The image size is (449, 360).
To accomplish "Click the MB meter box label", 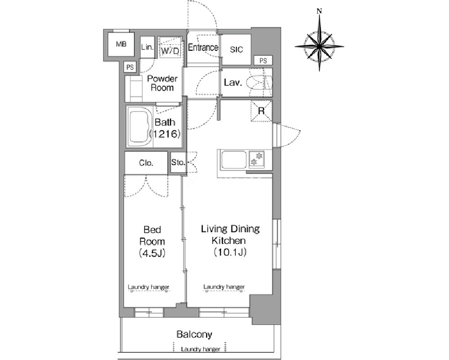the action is pyautogui.click(x=121, y=44).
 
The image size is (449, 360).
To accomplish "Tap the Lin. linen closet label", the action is pyautogui.click(x=147, y=47).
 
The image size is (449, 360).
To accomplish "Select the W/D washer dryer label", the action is pyautogui.click(x=170, y=51).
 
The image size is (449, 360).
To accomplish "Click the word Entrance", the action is pyautogui.click(x=203, y=47).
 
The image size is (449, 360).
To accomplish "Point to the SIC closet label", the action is pyautogui.click(x=236, y=49).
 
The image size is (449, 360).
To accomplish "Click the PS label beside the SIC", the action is pyautogui.click(x=263, y=61).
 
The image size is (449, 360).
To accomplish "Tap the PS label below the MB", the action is pyautogui.click(x=130, y=67).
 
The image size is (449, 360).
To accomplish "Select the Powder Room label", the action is pyautogui.click(x=162, y=83).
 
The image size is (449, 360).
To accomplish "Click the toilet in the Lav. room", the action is pyautogui.click(x=260, y=83).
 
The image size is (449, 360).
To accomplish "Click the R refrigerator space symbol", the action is pyautogui.click(x=262, y=111).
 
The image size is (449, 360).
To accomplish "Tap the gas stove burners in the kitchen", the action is pyautogui.click(x=256, y=159).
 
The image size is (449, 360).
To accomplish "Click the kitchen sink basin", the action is pyautogui.click(x=234, y=160).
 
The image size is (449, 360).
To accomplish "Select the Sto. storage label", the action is pyautogui.click(x=178, y=162).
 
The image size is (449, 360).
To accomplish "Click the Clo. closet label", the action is pyautogui.click(x=146, y=163).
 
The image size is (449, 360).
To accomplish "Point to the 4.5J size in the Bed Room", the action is pyautogui.click(x=152, y=253).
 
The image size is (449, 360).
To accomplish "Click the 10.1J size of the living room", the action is pyautogui.click(x=230, y=252).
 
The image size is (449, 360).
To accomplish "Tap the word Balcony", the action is pyautogui.click(x=195, y=334).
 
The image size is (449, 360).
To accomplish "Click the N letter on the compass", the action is pyautogui.click(x=319, y=11).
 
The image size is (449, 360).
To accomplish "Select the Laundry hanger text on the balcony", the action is pyautogui.click(x=200, y=349).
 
